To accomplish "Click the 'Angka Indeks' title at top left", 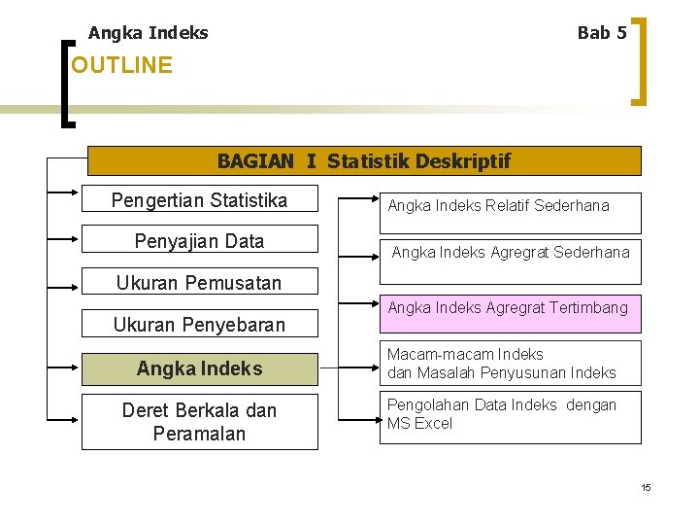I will [x=148, y=33].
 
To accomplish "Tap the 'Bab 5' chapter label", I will [x=601, y=33].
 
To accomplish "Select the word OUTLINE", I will [x=121, y=66].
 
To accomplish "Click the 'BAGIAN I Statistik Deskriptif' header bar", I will [x=364, y=160].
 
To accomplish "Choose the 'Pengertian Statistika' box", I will [x=199, y=201].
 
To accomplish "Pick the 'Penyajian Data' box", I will [x=199, y=241].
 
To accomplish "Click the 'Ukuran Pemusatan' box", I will [x=199, y=283].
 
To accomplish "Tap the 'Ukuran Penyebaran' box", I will [x=199, y=325].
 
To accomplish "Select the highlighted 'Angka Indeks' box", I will [x=199, y=368].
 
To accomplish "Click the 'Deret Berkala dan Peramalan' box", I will [x=199, y=422].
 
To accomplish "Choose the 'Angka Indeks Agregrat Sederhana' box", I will [x=510, y=253].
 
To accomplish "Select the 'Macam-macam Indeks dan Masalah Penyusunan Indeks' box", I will [x=510, y=364].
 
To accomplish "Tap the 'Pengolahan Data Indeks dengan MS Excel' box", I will [x=510, y=416].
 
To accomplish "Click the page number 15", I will [x=646, y=487].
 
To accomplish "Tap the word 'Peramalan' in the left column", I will [x=199, y=434].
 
